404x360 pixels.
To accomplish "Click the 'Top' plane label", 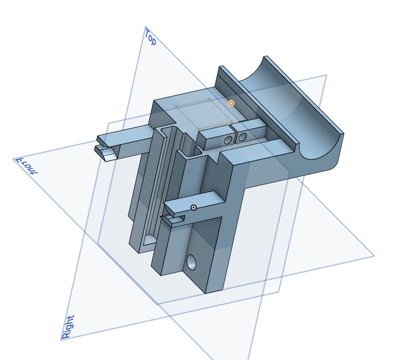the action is (150, 37).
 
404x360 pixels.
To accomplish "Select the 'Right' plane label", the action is (68, 327).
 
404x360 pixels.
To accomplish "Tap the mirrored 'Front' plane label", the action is (27, 166).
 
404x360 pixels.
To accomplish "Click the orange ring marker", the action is (231, 104).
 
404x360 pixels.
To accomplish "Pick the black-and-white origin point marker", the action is (194, 208).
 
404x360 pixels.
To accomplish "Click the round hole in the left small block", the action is (228, 140).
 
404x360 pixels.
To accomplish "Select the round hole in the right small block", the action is (242, 137).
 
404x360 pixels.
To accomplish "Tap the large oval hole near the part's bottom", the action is (191, 262).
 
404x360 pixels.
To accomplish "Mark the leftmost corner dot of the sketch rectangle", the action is (175, 106).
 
